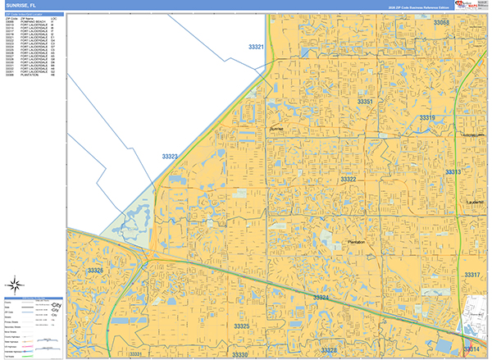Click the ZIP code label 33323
tap(170, 156)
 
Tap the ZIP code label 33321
tap(256, 48)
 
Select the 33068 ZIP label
tap(442, 23)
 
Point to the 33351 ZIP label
tap(365, 102)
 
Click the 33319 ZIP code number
tap(427, 118)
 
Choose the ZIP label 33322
tap(348, 179)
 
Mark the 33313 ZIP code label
tap(453, 172)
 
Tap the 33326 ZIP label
tap(96, 271)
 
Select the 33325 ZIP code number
tap(241, 326)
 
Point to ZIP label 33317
tap(471, 275)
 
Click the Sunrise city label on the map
tap(276, 130)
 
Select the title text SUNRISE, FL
tap(22, 6)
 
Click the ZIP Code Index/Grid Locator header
tap(33, 15)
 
